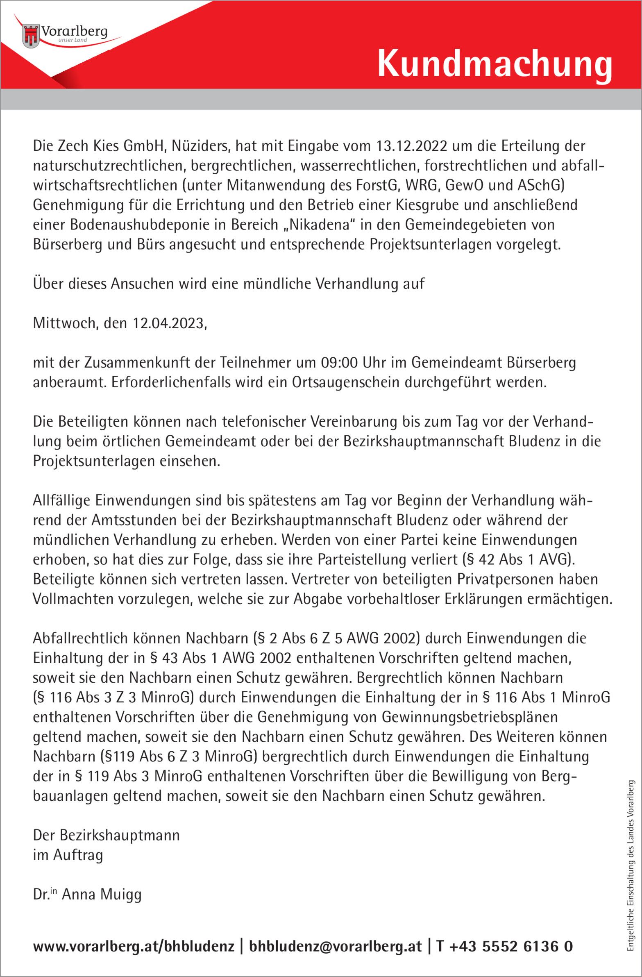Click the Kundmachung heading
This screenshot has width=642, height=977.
click(494, 64)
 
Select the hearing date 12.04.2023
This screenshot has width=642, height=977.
click(168, 324)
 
